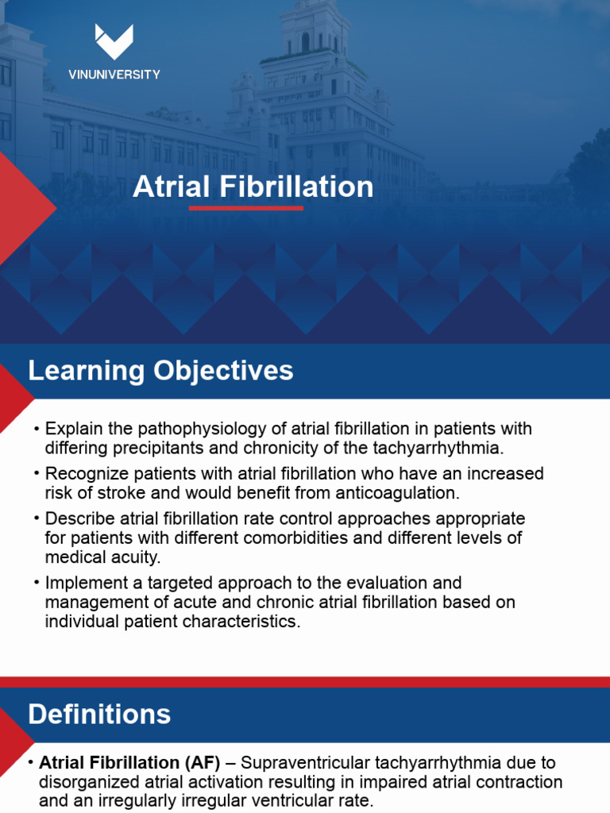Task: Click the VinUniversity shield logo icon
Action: (114, 41)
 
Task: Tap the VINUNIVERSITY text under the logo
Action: (114, 75)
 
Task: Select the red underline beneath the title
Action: (246, 208)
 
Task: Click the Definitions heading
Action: (99, 714)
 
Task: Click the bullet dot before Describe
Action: (37, 518)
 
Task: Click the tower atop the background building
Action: (306, 32)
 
